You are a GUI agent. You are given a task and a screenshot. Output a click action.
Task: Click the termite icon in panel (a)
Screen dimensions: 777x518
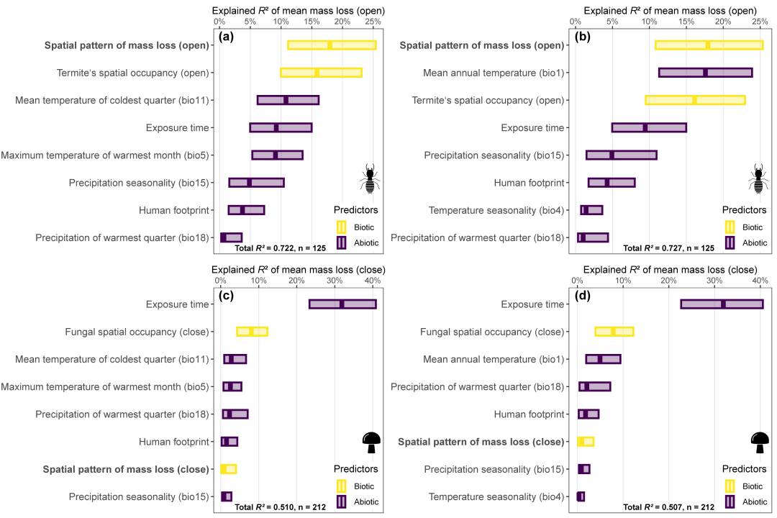pyautogui.click(x=370, y=178)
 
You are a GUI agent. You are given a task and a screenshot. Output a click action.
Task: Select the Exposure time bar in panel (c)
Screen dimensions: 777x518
pyautogui.click(x=343, y=304)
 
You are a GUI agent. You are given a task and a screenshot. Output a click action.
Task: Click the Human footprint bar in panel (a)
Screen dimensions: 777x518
pyautogui.click(x=246, y=210)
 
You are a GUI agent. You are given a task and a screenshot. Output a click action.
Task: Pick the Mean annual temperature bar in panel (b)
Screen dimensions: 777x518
pyautogui.click(x=706, y=73)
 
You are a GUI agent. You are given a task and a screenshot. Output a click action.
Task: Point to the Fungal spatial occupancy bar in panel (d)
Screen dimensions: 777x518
pyautogui.click(x=614, y=332)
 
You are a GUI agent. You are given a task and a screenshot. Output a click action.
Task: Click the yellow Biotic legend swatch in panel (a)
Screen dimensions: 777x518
pyautogui.click(x=342, y=227)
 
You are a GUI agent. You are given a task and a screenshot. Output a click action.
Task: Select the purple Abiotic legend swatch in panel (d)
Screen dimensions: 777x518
pyautogui.click(x=730, y=501)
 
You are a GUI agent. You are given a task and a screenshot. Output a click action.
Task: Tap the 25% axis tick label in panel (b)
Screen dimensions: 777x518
pyautogui.click(x=760, y=22)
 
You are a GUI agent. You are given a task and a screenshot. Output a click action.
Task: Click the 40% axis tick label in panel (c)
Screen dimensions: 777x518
pyautogui.click(x=373, y=281)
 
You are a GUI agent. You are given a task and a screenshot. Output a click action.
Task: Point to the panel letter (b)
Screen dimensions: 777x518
pyautogui.click(x=582, y=37)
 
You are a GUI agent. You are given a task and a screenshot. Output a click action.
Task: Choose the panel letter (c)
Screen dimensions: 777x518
pyautogui.click(x=227, y=296)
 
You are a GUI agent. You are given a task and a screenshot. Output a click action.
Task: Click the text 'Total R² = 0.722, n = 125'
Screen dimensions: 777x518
pyautogui.click(x=281, y=247)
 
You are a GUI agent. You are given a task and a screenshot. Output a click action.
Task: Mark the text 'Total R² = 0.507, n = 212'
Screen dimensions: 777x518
pyautogui.click(x=669, y=507)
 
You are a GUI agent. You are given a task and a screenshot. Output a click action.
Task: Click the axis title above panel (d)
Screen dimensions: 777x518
pyautogui.click(x=670, y=270)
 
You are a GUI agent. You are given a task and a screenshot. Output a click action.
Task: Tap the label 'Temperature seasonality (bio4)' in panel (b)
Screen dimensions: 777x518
pyautogui.click(x=496, y=210)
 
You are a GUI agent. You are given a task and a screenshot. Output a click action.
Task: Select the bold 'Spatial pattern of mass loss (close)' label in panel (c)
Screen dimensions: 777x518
pyautogui.click(x=126, y=469)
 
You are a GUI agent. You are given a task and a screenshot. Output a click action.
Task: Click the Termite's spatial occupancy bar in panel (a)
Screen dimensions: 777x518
pyautogui.click(x=321, y=73)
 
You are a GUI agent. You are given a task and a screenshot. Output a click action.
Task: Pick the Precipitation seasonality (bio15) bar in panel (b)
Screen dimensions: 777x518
pyautogui.click(x=622, y=155)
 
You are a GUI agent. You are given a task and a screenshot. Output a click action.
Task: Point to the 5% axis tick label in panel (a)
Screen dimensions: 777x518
pyautogui.click(x=250, y=22)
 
